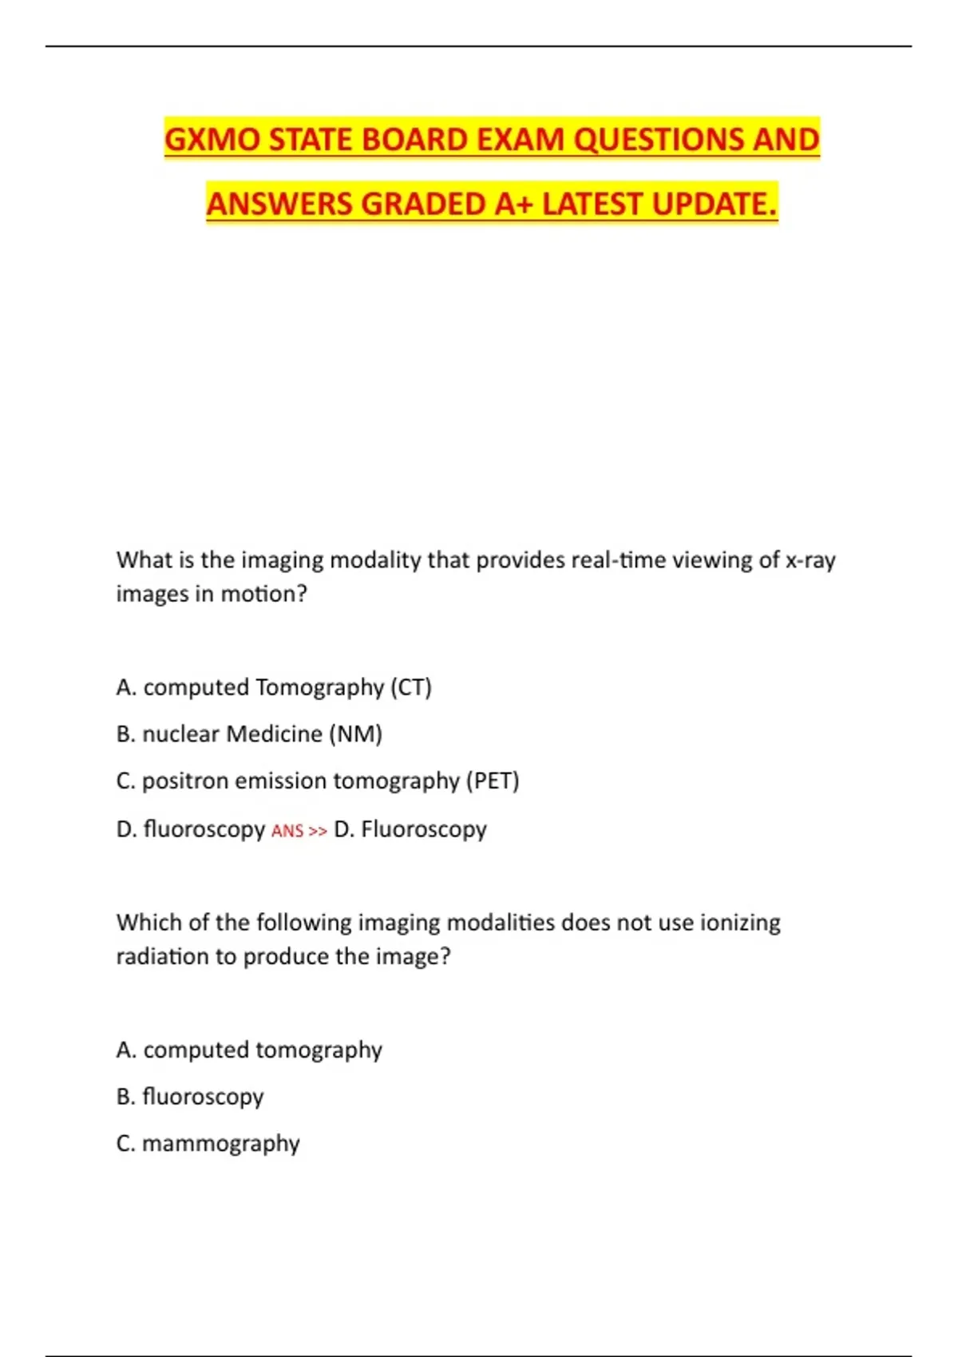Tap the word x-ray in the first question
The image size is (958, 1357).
click(810, 560)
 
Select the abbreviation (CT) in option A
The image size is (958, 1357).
click(411, 687)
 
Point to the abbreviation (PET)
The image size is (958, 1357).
click(493, 781)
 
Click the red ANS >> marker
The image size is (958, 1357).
click(299, 831)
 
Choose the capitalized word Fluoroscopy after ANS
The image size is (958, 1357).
click(423, 829)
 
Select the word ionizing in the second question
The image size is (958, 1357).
click(740, 923)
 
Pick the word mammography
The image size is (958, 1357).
click(221, 1144)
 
